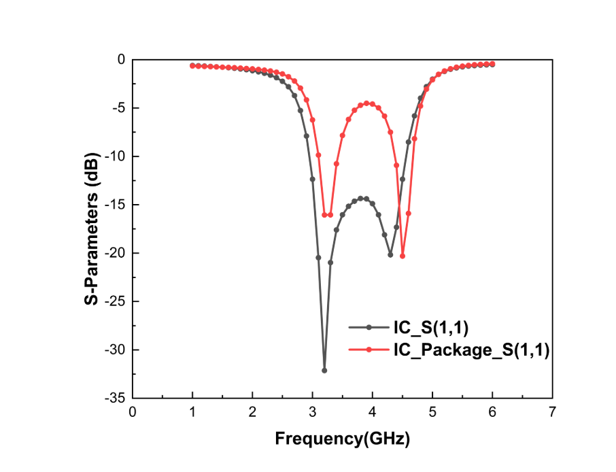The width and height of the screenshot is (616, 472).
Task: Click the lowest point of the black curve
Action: point(324,371)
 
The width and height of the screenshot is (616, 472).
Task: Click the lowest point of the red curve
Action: point(403,256)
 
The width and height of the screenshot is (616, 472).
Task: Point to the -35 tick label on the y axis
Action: point(116,399)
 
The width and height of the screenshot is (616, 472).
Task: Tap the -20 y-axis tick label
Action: point(116,253)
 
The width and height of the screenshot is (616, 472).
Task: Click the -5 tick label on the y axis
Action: point(118,107)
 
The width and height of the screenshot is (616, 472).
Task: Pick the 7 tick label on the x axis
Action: point(552,412)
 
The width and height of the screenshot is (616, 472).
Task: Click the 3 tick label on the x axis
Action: point(312,412)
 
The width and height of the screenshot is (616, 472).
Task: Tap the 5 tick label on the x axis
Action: point(432,412)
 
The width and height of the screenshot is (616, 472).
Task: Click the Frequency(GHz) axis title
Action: point(342,439)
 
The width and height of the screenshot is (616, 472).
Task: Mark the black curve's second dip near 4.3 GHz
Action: point(390,254)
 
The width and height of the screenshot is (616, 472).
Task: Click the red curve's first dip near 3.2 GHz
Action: point(328,215)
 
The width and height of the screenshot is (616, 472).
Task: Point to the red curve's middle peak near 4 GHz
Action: point(367,103)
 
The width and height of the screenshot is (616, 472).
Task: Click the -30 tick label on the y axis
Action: point(116,350)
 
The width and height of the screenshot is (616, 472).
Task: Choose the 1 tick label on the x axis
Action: point(192,412)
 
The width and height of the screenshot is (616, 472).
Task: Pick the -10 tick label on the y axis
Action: point(116,156)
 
